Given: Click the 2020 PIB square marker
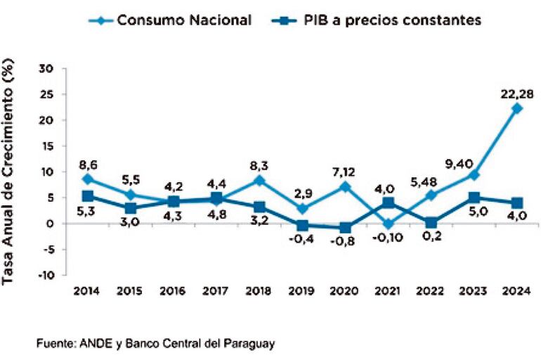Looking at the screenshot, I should (x=346, y=227).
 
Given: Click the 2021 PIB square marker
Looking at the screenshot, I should (x=389, y=203).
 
